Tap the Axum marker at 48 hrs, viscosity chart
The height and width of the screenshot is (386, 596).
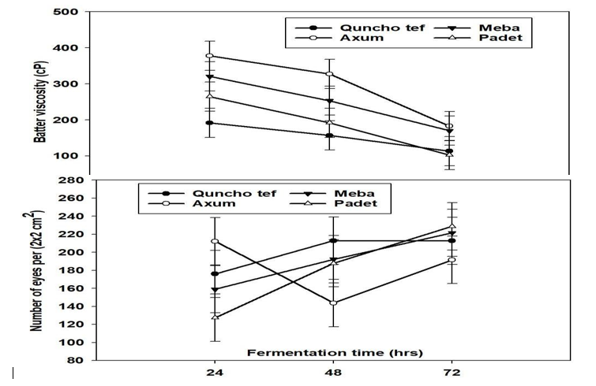[x=330, y=74]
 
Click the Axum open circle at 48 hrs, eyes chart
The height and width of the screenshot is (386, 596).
[x=333, y=302]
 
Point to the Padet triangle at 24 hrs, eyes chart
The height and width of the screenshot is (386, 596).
[x=214, y=317]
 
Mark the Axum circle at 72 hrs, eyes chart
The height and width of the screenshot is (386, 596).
[x=452, y=259]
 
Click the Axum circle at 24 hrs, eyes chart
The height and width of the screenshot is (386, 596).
[x=214, y=241]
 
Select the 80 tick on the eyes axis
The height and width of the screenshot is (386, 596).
[x=75, y=361]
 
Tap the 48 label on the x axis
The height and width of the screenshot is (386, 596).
[x=333, y=373]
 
